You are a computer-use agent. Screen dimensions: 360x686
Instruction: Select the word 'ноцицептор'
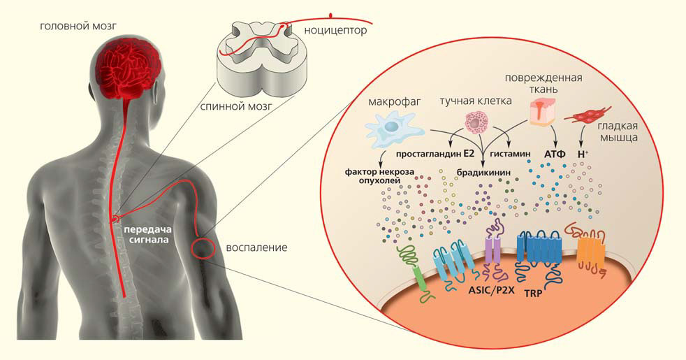335,31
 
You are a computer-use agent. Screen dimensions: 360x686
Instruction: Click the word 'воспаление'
256,247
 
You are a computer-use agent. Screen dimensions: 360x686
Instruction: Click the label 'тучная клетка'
475,101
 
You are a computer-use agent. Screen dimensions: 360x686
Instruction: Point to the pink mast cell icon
479,124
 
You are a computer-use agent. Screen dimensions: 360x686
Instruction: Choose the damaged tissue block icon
546,112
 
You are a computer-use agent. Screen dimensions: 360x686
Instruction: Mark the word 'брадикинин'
482,171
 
